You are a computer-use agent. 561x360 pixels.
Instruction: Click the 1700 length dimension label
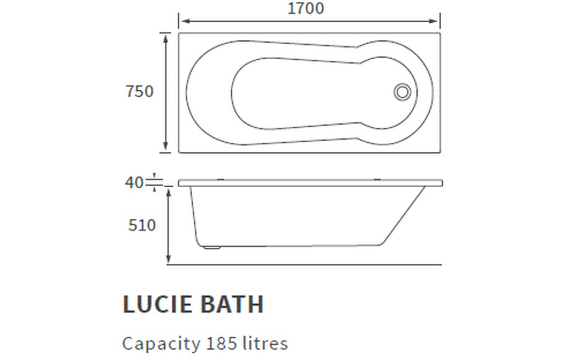tap(306, 8)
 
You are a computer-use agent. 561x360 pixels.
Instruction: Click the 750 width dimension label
tap(140, 91)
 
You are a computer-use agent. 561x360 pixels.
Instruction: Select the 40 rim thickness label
tap(134, 182)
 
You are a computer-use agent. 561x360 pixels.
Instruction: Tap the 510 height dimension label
tap(142, 225)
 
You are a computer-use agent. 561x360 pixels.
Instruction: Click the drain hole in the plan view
tap(402, 92)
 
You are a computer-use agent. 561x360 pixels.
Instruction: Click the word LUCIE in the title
tap(153, 304)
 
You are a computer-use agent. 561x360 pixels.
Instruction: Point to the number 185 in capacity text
tap(221, 344)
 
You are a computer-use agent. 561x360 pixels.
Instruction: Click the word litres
tap(265, 344)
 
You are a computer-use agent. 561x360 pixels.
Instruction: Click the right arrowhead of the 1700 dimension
tap(436, 21)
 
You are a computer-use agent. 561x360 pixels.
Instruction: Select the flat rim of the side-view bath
tap(311, 183)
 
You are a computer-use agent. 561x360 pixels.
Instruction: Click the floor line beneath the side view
tap(311, 264)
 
